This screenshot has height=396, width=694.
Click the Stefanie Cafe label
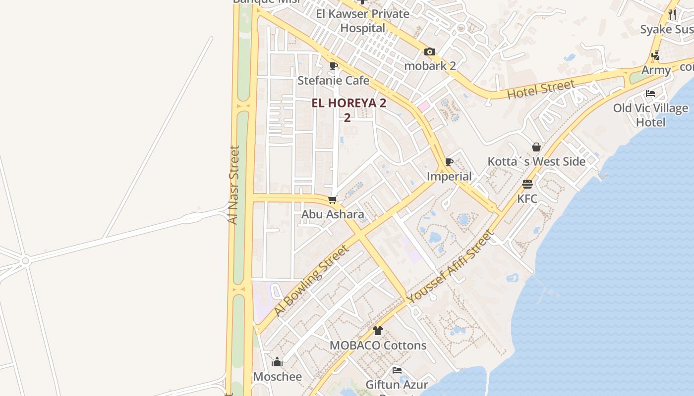(333, 80)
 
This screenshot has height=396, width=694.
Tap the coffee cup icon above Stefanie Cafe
(334, 66)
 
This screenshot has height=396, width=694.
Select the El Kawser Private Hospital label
(363, 21)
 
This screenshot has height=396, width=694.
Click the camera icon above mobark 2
(430, 51)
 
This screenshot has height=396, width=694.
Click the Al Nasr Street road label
(233, 185)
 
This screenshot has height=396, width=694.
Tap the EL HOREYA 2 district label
(348, 103)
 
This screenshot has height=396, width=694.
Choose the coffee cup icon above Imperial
(449, 162)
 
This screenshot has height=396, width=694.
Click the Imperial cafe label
(449, 176)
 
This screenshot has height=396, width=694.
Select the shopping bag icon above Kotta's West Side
(536, 147)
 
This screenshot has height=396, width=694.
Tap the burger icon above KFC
(527, 184)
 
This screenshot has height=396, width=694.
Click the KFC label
(527, 198)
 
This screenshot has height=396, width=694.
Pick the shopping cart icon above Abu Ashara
(333, 200)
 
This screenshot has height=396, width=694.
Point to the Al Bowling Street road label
(311, 281)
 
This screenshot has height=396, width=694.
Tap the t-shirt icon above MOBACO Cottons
(378, 331)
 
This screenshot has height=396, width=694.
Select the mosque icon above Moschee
(277, 362)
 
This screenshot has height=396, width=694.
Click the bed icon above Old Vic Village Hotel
(650, 94)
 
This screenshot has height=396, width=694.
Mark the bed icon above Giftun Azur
(397, 370)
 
